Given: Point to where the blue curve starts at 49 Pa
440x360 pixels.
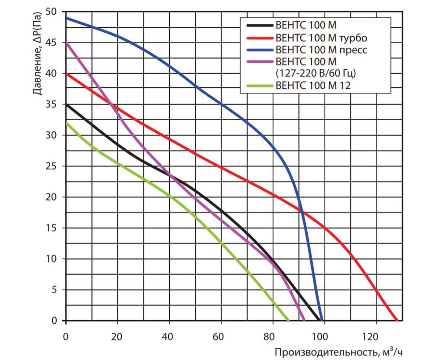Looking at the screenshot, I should [x=66, y=18].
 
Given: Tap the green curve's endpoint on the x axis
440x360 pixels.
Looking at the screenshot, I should [x=289, y=320].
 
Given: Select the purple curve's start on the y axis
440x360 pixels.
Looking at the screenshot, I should [x=66, y=42].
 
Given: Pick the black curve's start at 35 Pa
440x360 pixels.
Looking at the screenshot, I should [x=66, y=104].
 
